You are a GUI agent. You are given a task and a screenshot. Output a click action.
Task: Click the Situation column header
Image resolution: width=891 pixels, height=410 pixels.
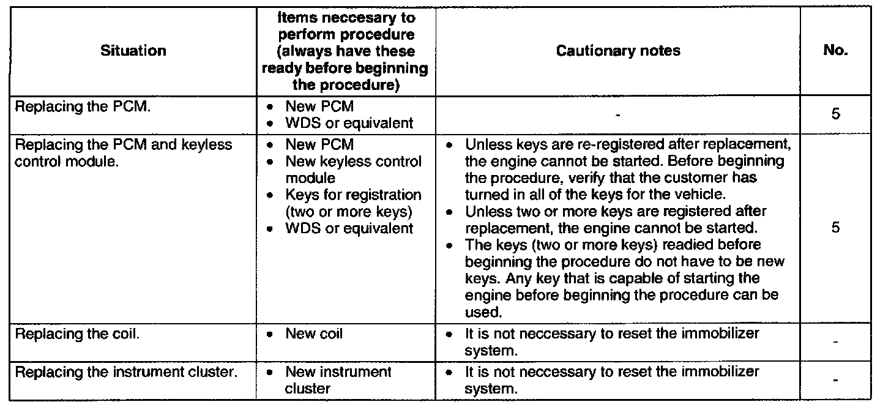pos(133,51)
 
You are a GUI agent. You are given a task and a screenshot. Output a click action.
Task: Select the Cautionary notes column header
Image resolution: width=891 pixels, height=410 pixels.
pos(618,51)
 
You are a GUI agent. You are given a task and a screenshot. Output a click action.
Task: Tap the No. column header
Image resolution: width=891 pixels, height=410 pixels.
pos(835,51)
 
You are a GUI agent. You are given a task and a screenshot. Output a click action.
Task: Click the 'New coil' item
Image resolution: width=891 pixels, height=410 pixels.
pos(314,334)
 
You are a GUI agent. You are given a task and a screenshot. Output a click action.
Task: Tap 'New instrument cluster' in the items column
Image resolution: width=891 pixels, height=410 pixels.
pos(338,379)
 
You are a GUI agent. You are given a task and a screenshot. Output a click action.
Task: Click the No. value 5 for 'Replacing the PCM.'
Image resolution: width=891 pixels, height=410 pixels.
pos(835,114)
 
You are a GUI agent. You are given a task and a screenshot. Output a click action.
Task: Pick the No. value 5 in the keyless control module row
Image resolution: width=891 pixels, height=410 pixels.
pos(835,228)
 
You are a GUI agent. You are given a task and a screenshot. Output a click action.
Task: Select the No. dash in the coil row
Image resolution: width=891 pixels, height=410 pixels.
pos(835,343)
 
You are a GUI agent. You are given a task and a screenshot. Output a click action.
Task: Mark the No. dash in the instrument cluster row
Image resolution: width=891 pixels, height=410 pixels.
pos(835,381)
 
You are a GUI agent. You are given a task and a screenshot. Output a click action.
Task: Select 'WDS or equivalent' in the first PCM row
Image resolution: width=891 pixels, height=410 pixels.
pos(349,122)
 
